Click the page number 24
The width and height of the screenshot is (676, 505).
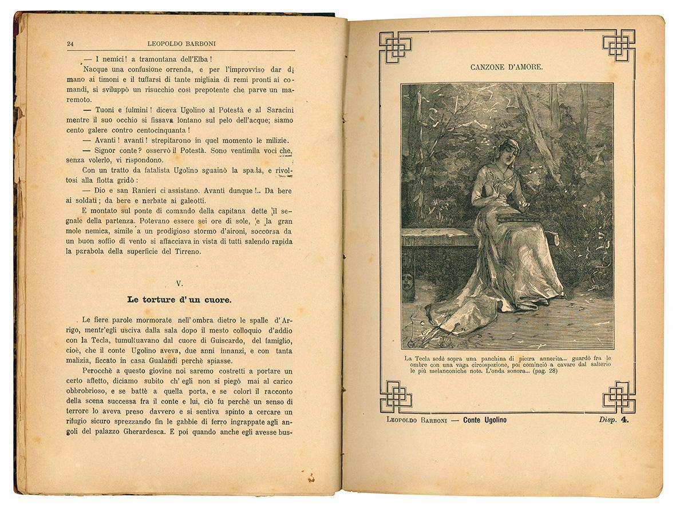coord(70,43)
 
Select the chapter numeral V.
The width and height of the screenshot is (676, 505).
coord(179,284)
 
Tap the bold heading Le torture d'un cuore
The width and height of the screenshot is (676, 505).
coord(179,299)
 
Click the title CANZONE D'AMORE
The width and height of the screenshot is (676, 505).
coord(507,67)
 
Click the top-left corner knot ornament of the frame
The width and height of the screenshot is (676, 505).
coord(395,46)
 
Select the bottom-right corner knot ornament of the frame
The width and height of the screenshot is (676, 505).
coord(618,396)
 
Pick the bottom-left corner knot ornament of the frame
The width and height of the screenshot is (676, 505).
coord(395,396)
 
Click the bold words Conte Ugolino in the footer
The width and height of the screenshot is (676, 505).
coord(484,420)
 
